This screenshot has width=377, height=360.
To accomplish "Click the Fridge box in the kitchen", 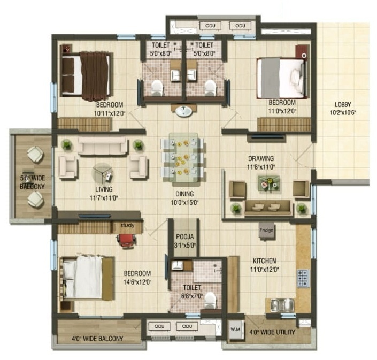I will [x=266, y=230].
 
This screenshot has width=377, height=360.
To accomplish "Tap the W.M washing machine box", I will [x=235, y=330].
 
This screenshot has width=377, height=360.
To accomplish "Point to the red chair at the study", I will [x=125, y=240].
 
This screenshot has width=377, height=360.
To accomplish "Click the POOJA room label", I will [x=183, y=237].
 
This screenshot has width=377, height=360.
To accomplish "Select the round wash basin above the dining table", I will [x=183, y=111].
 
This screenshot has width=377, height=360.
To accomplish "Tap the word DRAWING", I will [x=261, y=159].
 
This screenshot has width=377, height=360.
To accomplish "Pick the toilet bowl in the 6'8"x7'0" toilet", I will [x=210, y=298].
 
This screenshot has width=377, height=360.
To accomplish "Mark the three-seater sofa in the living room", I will [x=103, y=145].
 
